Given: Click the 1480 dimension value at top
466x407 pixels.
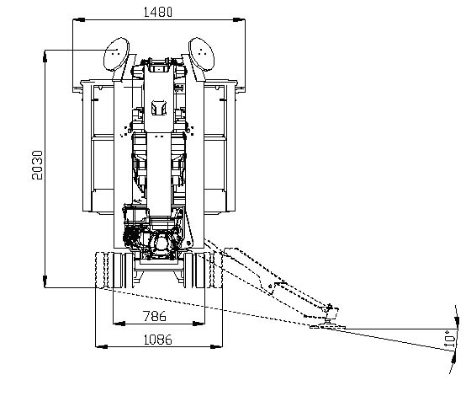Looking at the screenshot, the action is pyautogui.click(x=158, y=12).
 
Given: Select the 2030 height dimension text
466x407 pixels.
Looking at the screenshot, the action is pyautogui.click(x=38, y=165).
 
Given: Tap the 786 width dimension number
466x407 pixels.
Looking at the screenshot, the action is pyautogui.click(x=155, y=316).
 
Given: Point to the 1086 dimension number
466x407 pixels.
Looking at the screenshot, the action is pyautogui.click(x=158, y=340).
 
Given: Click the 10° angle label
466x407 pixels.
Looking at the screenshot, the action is pyautogui.click(x=449, y=339).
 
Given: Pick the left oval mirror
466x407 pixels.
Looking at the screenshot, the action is pyautogui.click(x=116, y=54).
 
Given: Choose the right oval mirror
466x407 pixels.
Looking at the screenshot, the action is pyautogui.click(x=201, y=54).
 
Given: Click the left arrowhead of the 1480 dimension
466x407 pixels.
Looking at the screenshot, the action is pyautogui.click(x=79, y=19).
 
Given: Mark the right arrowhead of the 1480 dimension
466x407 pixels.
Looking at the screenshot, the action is pyautogui.click(x=239, y=19).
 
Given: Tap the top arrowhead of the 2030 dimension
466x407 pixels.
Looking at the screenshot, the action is pyautogui.click(x=45, y=56).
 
